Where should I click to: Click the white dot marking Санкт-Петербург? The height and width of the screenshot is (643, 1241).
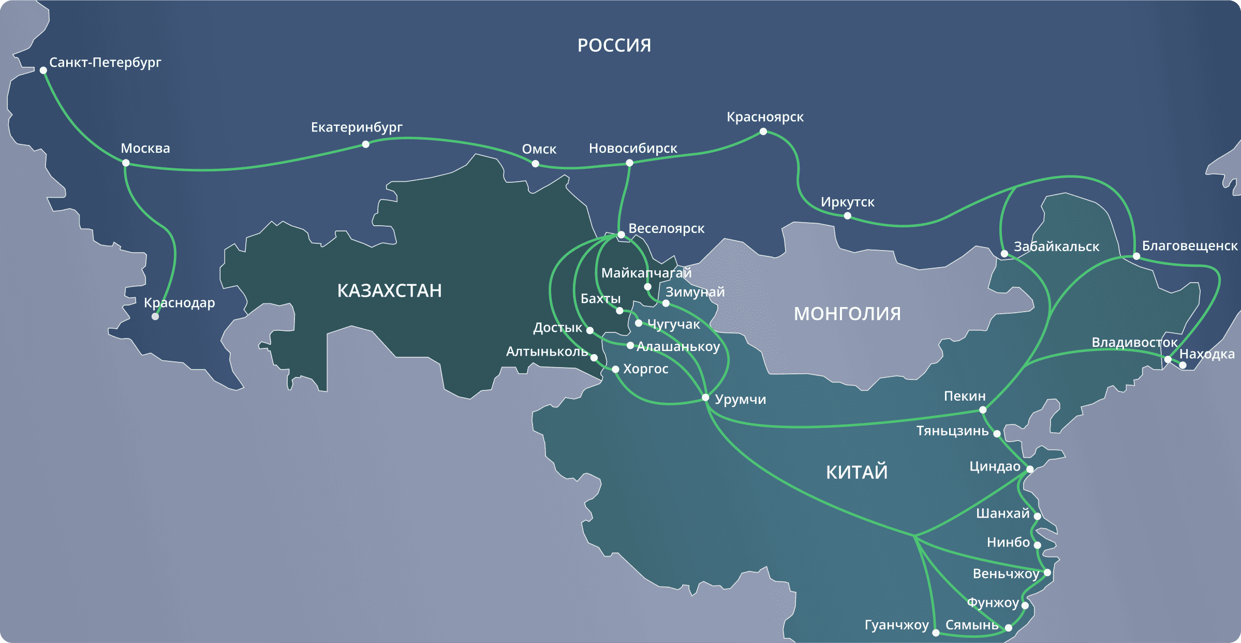pos(43,70)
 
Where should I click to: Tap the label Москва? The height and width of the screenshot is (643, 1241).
pos(145,149)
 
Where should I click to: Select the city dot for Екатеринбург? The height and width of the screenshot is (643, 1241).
pos(366,144)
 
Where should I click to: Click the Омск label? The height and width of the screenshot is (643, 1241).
pos(539,149)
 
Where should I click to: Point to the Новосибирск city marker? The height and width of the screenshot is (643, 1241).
pos(629,163)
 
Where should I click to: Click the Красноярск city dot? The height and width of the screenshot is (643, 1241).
pos(763,131)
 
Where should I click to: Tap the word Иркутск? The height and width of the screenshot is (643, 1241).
pos(847,202)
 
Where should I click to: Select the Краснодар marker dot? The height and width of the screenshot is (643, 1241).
pos(155,316)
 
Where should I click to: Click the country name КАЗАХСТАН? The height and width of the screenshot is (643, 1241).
pos(389,290)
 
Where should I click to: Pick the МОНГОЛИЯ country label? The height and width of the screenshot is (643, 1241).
pos(847,314)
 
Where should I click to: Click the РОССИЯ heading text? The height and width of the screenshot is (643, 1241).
pos(614,46)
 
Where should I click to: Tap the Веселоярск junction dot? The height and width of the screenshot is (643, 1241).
pos(621,235)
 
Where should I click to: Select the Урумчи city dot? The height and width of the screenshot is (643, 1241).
pos(705,398)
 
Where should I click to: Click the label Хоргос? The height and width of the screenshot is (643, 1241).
pos(645,369)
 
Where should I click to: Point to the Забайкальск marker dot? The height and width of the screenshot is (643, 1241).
pos(1004,254)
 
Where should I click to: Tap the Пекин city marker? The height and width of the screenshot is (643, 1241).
pos(983,410)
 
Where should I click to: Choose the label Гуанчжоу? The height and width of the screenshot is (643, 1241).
pos(896,625)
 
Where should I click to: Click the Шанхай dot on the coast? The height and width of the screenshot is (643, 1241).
pos(1037,516)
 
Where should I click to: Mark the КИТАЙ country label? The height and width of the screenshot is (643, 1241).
pos(856,472)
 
